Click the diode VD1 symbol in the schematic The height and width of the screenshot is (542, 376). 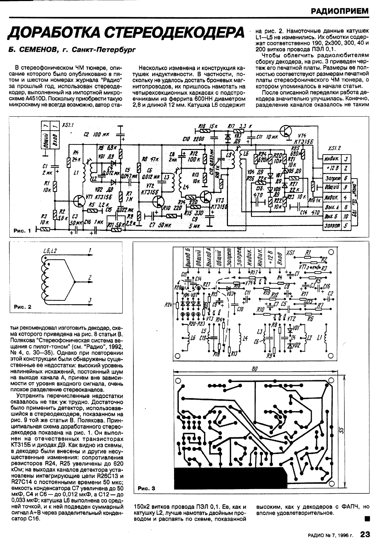coord(112,163)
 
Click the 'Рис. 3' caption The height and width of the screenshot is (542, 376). coord(146,488)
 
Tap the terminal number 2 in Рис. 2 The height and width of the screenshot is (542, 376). coord(90,277)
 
